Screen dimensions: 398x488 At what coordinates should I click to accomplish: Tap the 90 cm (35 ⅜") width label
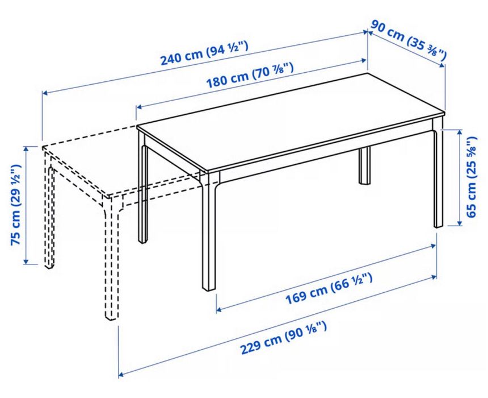pos(408,40)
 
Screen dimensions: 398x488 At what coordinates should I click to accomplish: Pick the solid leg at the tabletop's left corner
pos(142,193)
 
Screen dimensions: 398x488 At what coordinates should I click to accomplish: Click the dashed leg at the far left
pos(49,216)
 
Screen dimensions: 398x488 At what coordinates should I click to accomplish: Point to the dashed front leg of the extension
pos(111,262)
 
